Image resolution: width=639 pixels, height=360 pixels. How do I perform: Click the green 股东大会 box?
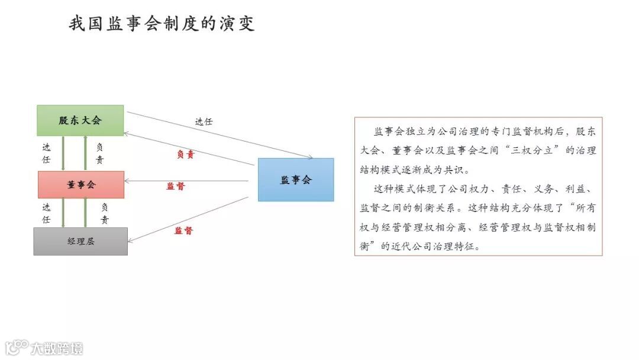tap(80, 120)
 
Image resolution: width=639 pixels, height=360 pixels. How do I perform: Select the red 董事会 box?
tap(81, 185)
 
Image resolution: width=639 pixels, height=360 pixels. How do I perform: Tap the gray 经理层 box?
tap(80, 241)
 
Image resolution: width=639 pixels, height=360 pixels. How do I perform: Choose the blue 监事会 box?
tap(296, 180)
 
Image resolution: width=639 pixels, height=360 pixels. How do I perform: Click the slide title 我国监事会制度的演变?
tap(162, 24)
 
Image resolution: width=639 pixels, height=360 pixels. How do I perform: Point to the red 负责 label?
tap(185, 155)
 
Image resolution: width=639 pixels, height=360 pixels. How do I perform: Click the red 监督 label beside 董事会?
tap(175, 186)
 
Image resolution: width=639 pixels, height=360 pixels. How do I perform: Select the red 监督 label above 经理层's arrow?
tap(183, 230)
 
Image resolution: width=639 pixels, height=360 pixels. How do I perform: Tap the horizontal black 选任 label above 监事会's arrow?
tap(204, 121)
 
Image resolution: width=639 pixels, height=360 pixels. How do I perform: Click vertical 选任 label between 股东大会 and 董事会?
tap(46, 153)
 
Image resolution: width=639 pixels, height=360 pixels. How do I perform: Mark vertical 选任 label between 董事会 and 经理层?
tap(46, 213)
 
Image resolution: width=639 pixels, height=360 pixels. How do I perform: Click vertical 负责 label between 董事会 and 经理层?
tap(104, 213)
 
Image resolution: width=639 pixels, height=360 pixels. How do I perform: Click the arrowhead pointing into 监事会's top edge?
tap(309, 157)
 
